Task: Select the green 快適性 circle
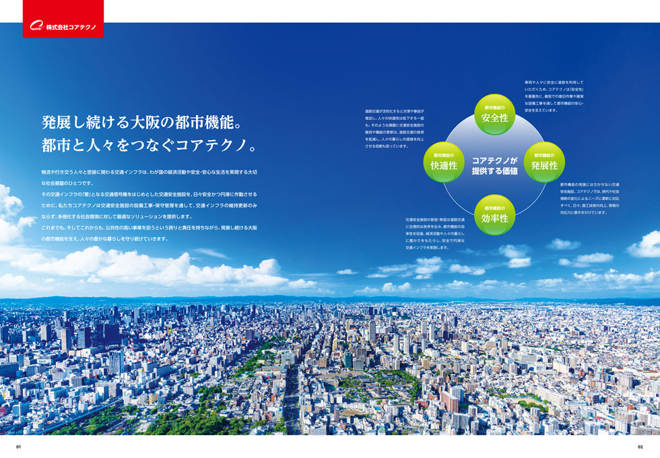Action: [444, 162]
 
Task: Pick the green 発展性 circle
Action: [544, 162]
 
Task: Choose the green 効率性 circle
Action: [494, 214]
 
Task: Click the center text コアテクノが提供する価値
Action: [494, 166]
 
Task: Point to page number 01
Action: [20, 447]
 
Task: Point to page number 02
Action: [640, 447]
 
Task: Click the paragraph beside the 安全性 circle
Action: [554, 96]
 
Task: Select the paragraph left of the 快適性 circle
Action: [395, 128]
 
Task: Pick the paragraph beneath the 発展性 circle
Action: [589, 198]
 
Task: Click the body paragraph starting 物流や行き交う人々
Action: [149, 205]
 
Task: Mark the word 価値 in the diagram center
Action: [507, 171]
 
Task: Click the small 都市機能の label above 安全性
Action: [494, 106]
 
